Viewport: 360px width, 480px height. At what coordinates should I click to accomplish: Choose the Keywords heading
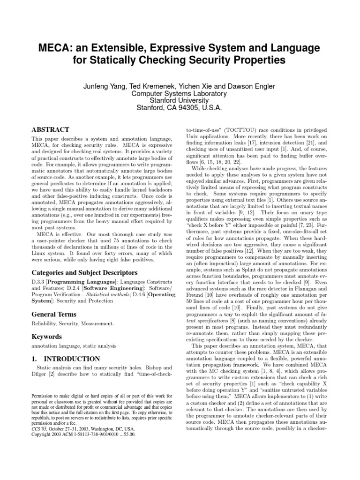click(47, 337)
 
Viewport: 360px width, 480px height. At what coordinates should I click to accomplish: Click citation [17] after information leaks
click(263, 141)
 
